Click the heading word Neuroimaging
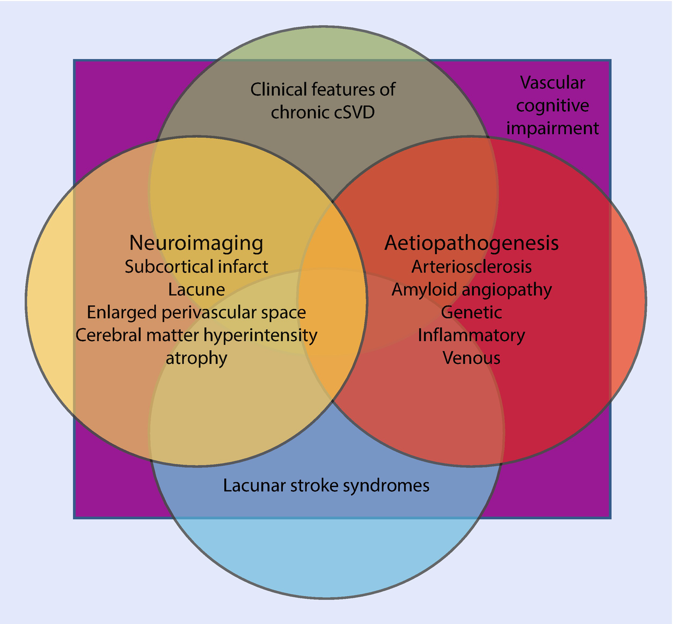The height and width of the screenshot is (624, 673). [x=196, y=243]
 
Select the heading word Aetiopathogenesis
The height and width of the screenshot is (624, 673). [x=471, y=243]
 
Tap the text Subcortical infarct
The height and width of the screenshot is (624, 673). [x=196, y=267]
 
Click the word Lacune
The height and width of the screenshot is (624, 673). [x=196, y=290]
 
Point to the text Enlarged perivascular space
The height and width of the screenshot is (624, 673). [x=196, y=312]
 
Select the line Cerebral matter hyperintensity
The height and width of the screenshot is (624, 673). [x=196, y=335]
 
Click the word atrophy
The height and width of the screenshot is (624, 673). [x=196, y=358]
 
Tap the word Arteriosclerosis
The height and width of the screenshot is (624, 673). [x=471, y=267]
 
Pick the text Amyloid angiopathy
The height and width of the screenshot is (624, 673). [x=471, y=290]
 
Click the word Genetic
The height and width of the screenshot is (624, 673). [x=471, y=312]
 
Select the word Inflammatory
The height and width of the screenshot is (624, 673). [x=471, y=335]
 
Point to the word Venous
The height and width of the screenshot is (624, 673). [x=471, y=358]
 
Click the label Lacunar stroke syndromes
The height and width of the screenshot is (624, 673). [x=326, y=486]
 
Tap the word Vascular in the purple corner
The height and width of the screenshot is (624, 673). [x=552, y=83]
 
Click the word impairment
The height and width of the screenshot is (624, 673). [x=552, y=129]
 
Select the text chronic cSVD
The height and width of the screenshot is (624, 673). [x=323, y=113]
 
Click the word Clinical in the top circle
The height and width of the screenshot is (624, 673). [x=277, y=89]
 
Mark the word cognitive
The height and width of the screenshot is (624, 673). [x=552, y=106]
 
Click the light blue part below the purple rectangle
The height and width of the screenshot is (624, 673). [x=326, y=558]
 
